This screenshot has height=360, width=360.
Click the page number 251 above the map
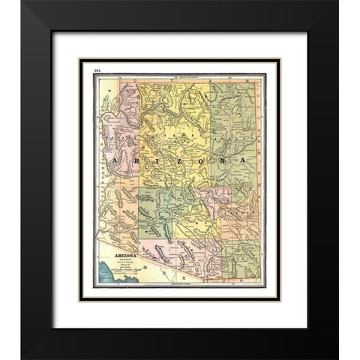point(98,69)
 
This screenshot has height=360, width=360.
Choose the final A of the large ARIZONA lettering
point(244,161)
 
